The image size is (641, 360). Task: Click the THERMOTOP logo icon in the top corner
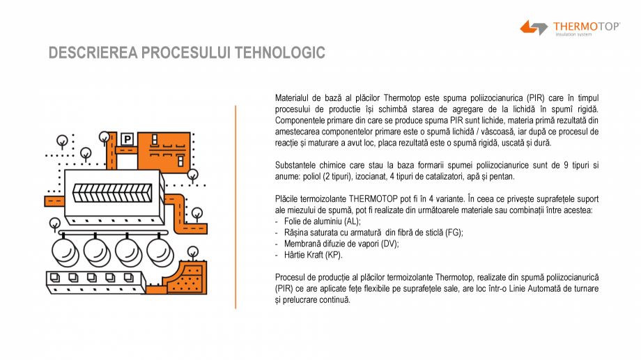(534, 28)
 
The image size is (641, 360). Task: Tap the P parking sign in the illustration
(127, 139)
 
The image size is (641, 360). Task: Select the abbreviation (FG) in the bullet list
(453, 233)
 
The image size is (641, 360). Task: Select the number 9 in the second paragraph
(565, 166)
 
